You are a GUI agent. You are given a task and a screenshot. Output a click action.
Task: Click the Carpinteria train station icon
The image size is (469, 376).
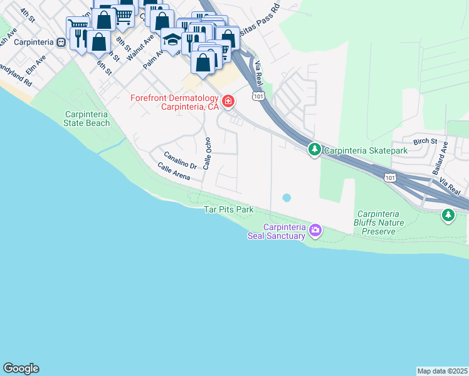[x=61, y=42]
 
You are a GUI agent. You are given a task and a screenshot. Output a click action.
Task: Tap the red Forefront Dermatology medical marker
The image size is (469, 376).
[x=228, y=101]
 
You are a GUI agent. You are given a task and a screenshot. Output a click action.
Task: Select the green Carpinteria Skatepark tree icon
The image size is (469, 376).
[x=314, y=150]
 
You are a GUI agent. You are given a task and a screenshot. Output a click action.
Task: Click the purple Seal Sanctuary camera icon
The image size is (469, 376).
[x=315, y=231]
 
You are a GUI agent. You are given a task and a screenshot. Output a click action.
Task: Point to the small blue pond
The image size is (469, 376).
[x=287, y=197]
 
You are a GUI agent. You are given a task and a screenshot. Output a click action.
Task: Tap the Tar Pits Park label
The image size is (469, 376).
[x=229, y=209]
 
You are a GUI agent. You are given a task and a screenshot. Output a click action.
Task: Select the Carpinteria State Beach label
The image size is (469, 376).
[x=87, y=118]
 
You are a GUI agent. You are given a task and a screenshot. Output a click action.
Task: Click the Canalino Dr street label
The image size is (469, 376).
[x=181, y=160]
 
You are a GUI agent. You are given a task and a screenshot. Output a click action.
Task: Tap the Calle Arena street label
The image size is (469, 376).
[x=174, y=172]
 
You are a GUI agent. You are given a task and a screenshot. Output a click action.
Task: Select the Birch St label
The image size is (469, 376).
[x=425, y=142]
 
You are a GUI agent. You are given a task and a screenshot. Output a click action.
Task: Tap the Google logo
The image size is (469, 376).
[x=21, y=368]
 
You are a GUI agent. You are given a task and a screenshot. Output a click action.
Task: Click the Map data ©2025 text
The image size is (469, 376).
[x=442, y=370]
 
